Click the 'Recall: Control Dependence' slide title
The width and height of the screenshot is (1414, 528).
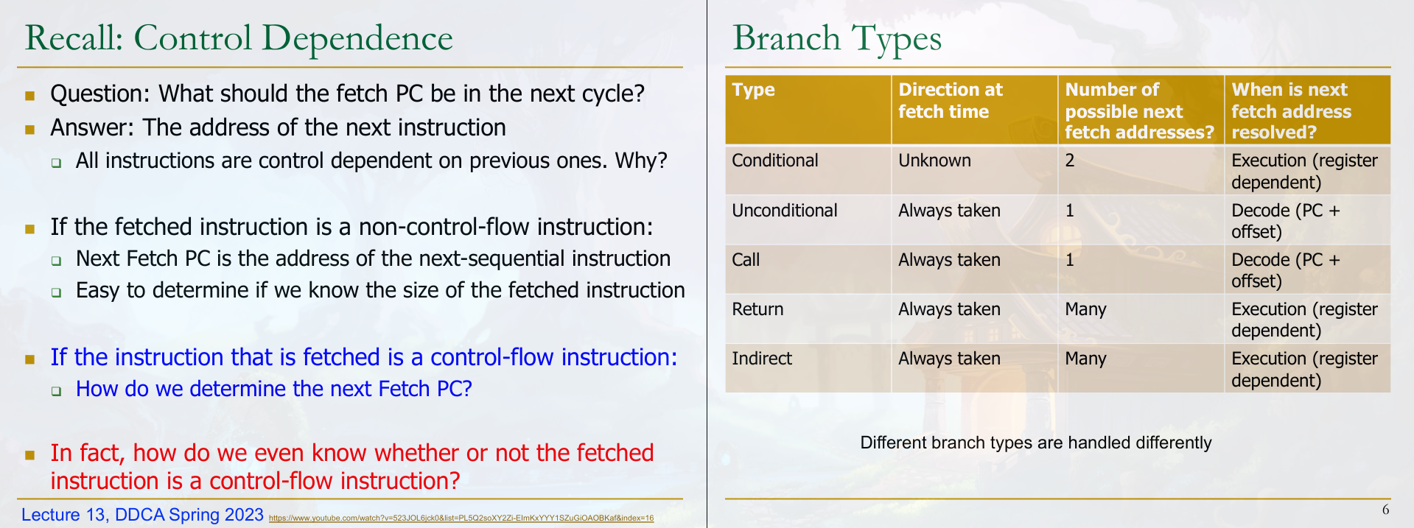[239, 38]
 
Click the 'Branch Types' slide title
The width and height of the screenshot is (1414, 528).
[837, 38]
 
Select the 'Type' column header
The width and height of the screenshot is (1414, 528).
[753, 90]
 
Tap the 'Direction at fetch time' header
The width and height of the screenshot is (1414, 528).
[951, 100]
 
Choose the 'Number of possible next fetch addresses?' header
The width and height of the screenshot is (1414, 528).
[1139, 110]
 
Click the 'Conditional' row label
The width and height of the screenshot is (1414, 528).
[775, 161]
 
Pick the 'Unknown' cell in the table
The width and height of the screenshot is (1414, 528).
[934, 161]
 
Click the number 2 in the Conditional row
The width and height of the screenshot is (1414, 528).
[1070, 161]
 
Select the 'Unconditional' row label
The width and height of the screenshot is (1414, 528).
[785, 211]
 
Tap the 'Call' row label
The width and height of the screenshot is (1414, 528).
[746, 260]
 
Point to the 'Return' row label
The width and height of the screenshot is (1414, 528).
[757, 309]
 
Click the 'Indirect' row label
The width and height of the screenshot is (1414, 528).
[762, 359]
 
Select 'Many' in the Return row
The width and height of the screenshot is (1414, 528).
[1085, 310]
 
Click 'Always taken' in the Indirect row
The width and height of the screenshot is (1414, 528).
[949, 359]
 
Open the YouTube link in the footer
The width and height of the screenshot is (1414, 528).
[461, 518]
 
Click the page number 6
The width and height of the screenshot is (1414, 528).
[1386, 510]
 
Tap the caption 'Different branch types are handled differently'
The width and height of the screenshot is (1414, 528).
[1036, 443]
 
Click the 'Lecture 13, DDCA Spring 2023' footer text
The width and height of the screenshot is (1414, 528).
[142, 515]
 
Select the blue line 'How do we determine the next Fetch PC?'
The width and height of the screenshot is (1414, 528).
[274, 389]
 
